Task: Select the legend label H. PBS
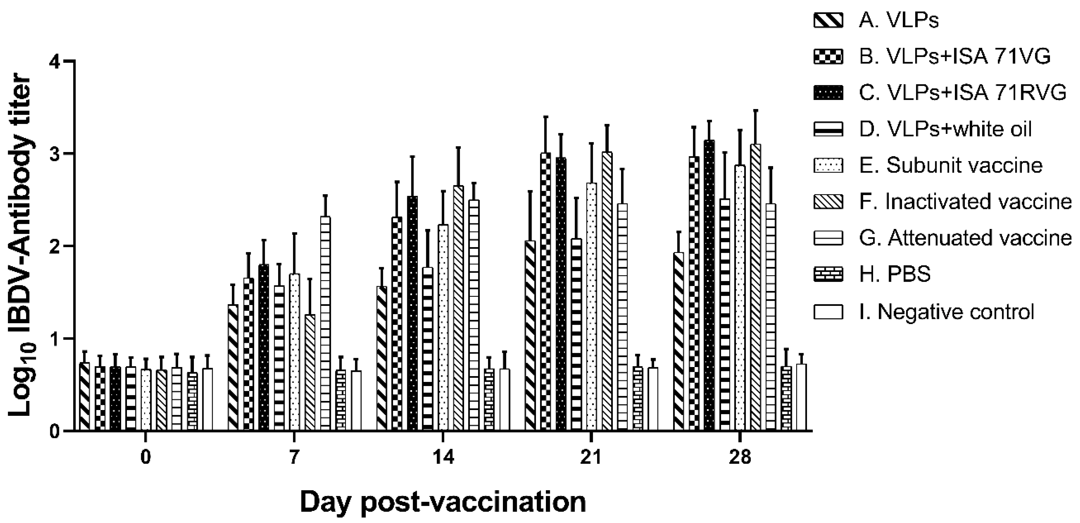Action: (x=895, y=274)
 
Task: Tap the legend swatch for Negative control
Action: (x=828, y=312)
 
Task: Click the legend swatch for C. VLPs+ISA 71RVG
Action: (x=828, y=93)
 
